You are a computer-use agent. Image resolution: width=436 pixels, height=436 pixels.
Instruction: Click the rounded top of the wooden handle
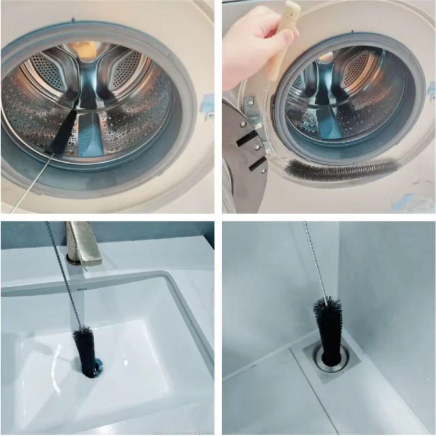292,8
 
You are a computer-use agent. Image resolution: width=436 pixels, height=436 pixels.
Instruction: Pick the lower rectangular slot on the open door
257,164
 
